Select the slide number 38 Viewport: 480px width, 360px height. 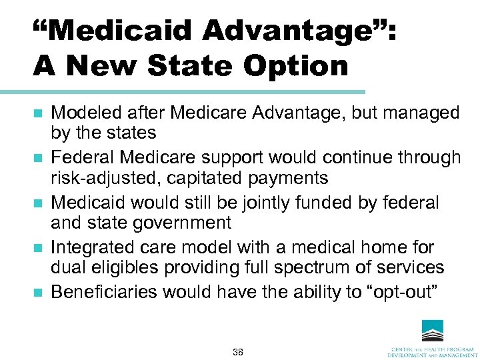(238, 351)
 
